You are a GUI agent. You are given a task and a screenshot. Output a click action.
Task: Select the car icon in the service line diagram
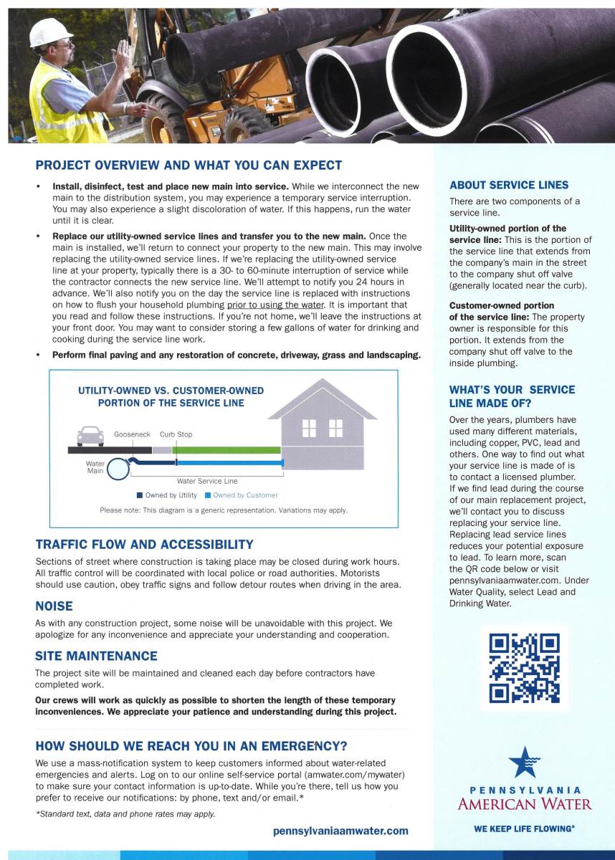point(90,436)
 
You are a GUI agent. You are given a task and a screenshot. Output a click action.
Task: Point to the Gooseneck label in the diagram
point(132,434)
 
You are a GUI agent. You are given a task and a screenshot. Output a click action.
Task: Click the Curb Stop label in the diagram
point(176,434)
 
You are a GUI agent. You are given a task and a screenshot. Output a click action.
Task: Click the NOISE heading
point(54,606)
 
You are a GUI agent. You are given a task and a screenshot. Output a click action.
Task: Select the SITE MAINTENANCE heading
point(96,656)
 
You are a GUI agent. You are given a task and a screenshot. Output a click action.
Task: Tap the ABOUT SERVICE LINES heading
point(509,185)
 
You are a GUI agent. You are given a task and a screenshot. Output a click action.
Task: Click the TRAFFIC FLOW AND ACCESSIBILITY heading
point(144,545)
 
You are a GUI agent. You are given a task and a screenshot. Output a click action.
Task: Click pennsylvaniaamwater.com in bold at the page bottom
point(340,831)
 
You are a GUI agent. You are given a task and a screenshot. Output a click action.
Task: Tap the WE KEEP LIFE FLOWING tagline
point(524,828)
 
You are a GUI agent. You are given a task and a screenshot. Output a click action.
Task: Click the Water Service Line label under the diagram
point(207,481)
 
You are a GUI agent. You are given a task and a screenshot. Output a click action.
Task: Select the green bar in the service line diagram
point(228,449)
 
